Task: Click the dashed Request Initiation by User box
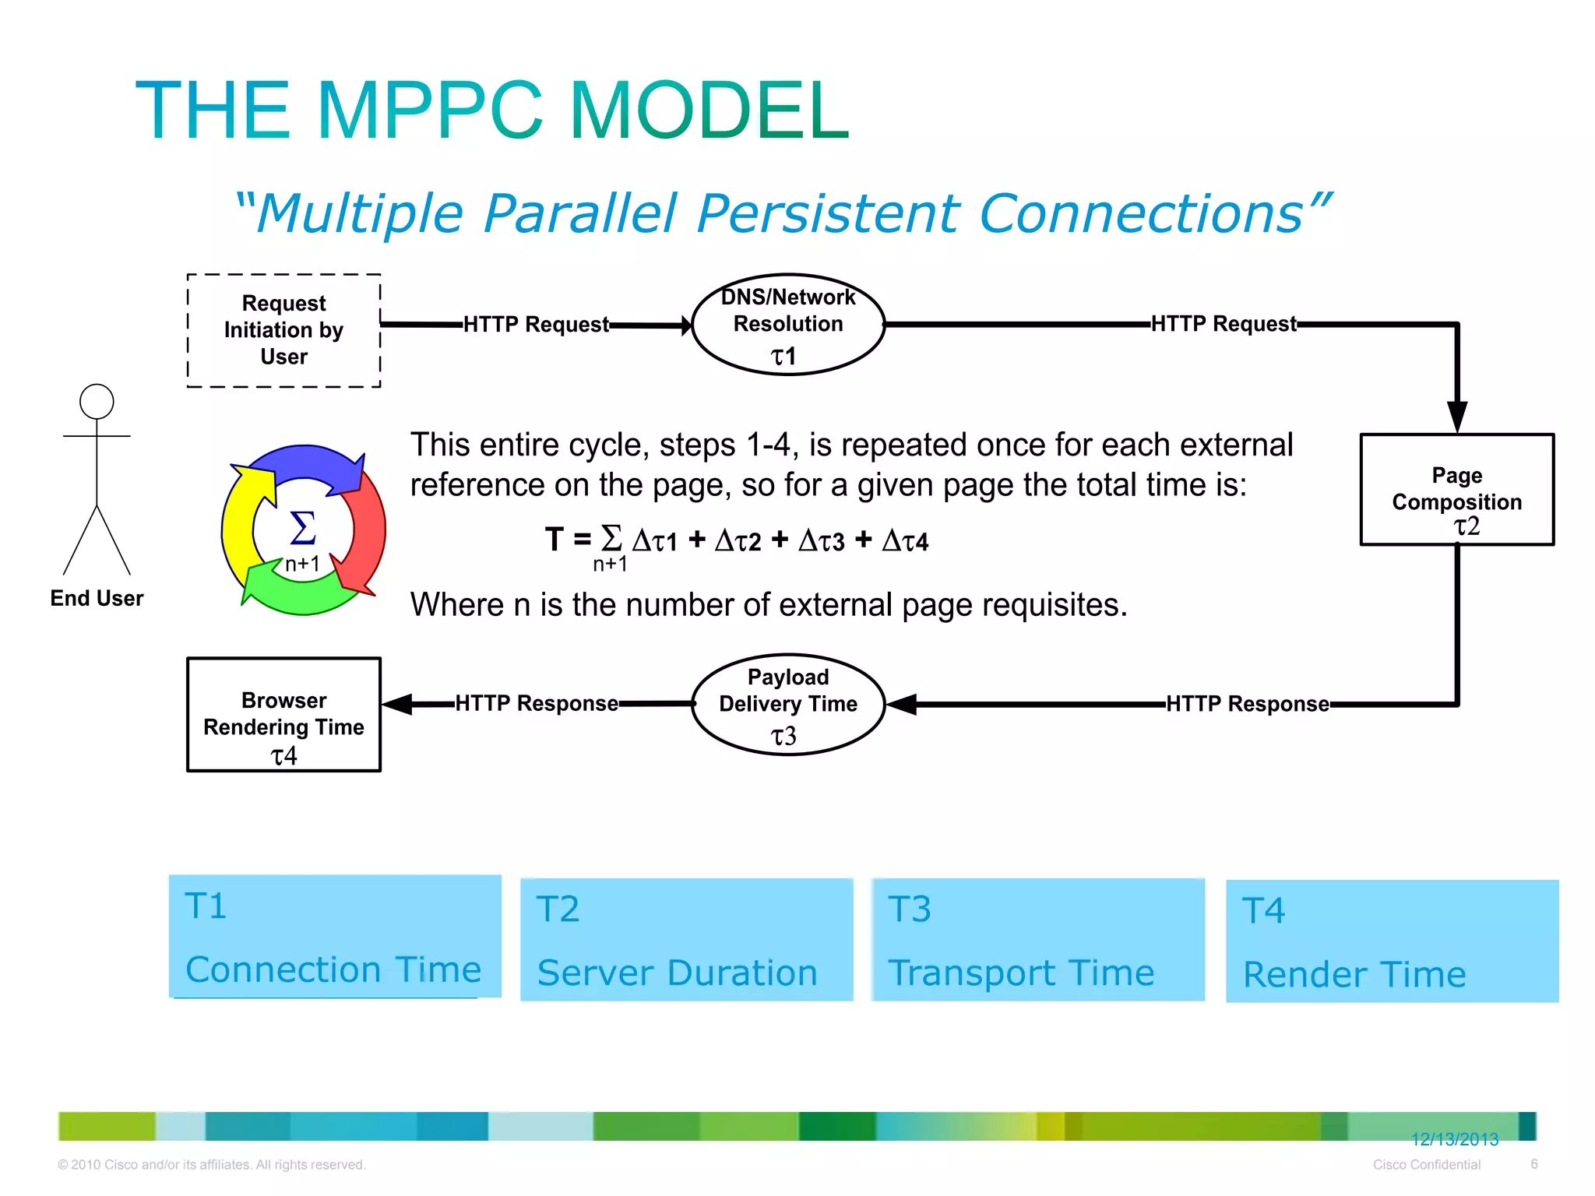[x=283, y=330]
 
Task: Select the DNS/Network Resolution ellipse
[x=788, y=324]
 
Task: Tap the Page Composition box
[x=1456, y=489]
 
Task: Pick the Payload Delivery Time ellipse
[x=788, y=704]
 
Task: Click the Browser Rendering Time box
[x=283, y=715]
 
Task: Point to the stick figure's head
[x=97, y=402]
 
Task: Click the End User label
[x=97, y=598]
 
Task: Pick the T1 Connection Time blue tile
[x=335, y=936]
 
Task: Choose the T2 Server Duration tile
[x=686, y=939]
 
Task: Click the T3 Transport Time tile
[x=1037, y=939]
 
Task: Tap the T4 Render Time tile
[x=1392, y=941]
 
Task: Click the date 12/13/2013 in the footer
[x=1454, y=1139]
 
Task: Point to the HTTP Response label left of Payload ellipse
[x=537, y=703]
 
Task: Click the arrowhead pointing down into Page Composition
[x=1457, y=416]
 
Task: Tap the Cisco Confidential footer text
[x=1426, y=1165]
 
